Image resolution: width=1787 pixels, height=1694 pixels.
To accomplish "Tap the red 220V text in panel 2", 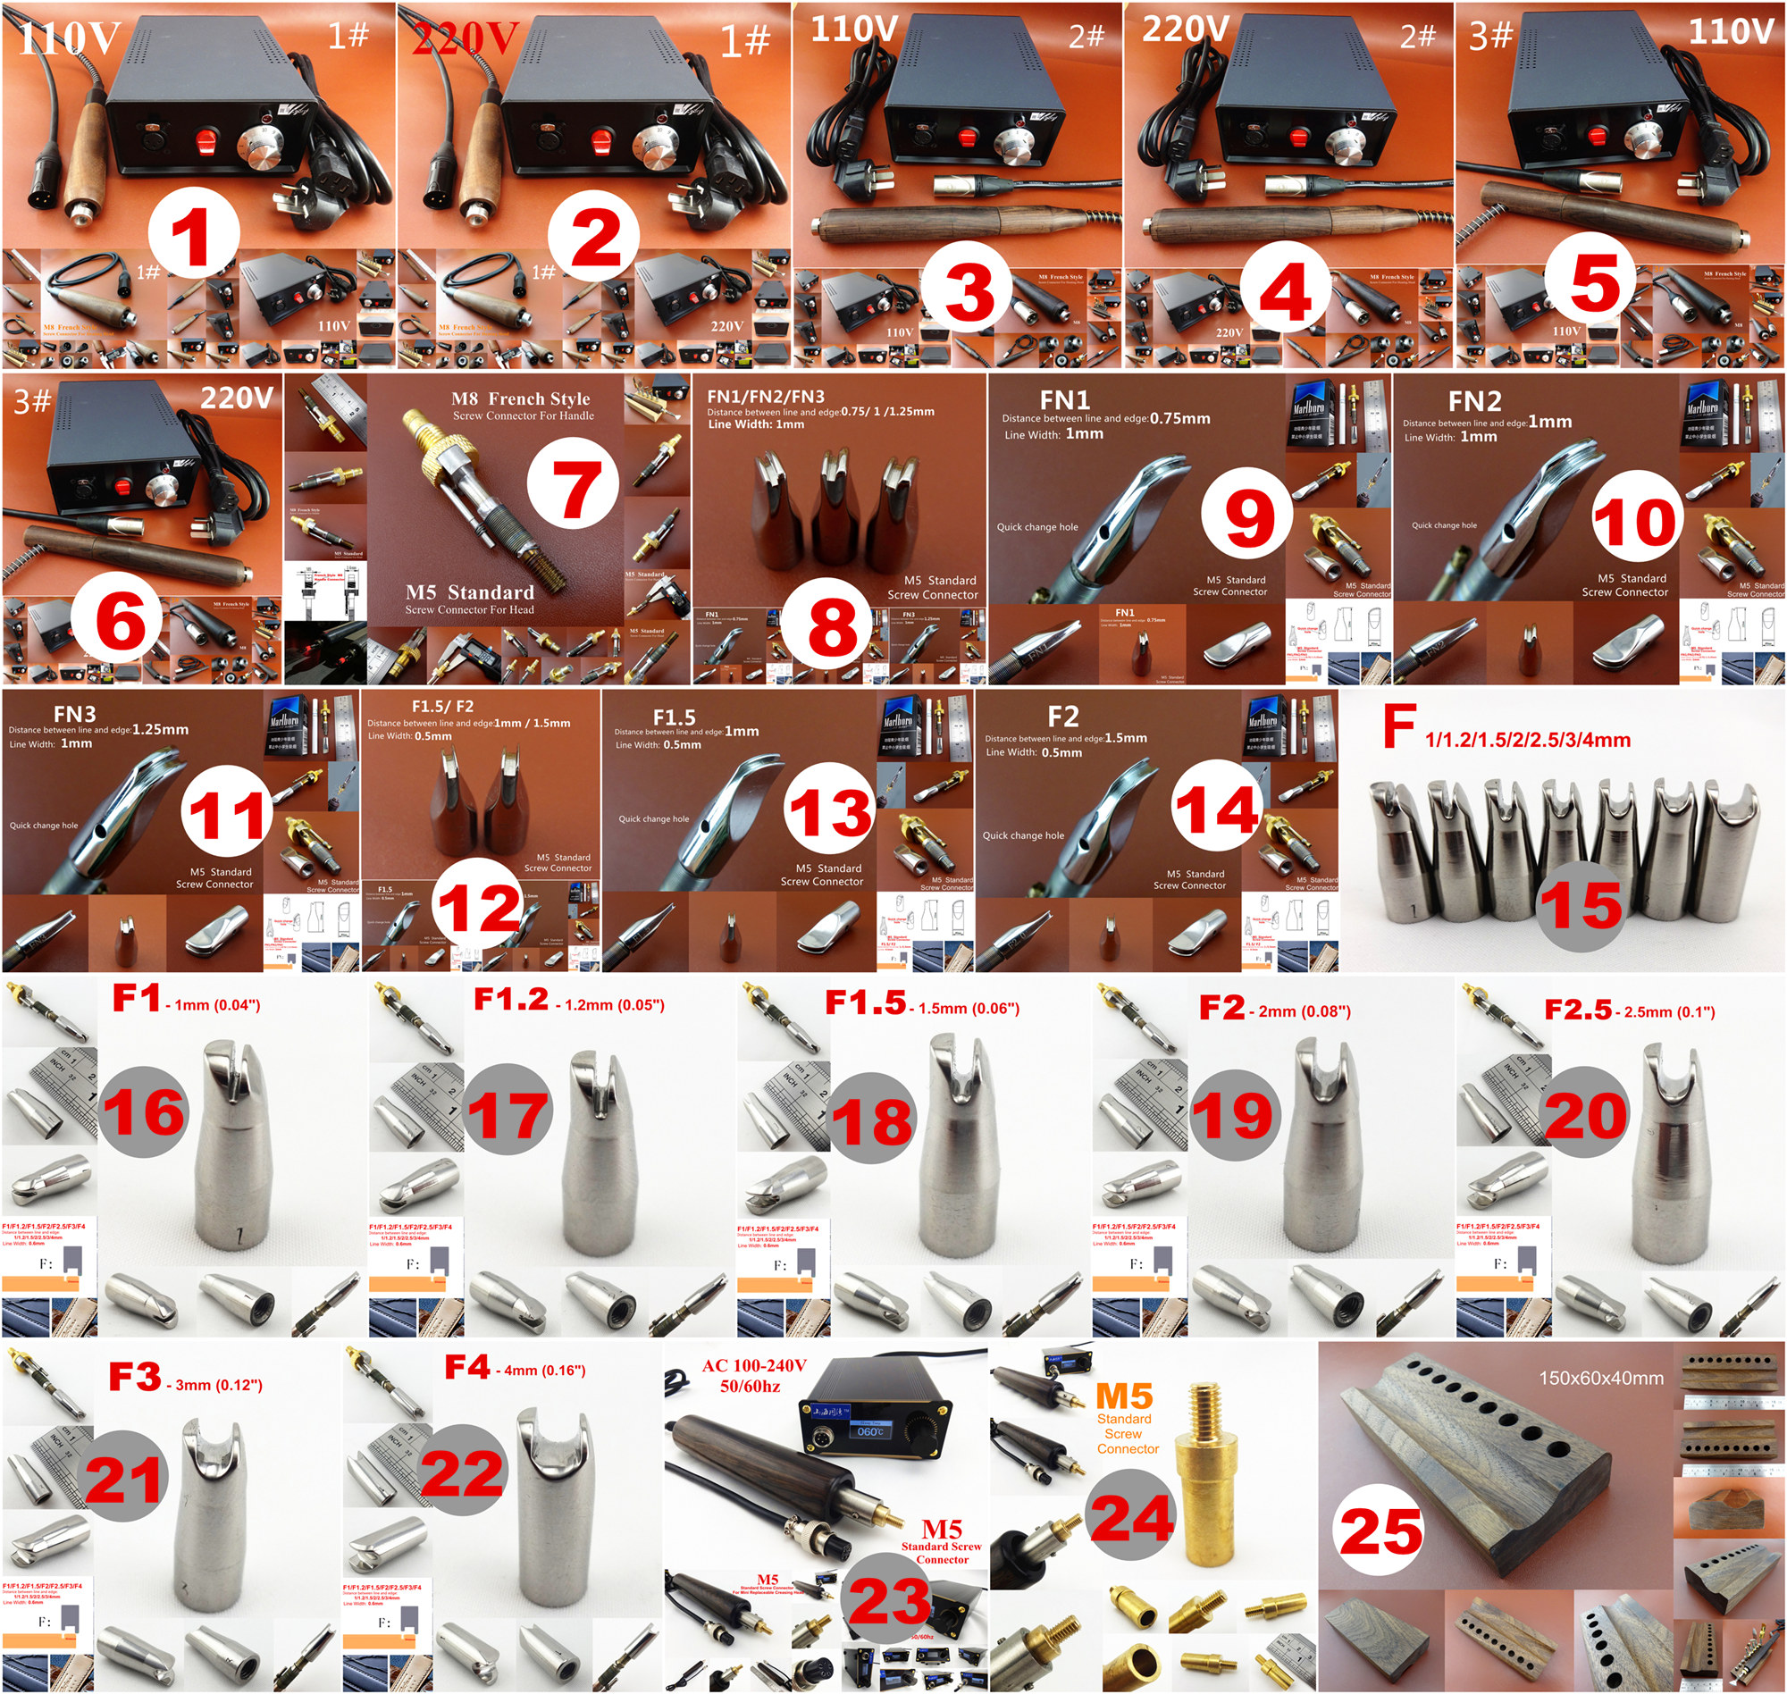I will tap(464, 38).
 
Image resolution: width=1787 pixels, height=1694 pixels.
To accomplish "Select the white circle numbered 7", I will tap(573, 488).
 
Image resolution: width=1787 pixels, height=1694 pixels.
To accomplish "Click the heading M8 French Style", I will tap(520, 398).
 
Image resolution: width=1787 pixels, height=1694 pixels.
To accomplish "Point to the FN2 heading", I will tap(1474, 400).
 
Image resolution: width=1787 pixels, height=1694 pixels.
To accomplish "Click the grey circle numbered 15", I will tap(1581, 905).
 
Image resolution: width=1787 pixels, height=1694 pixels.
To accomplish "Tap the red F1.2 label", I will tap(510, 999).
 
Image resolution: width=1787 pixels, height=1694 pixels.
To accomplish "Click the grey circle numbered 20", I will tap(1587, 1113).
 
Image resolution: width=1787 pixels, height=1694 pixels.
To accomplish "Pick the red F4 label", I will tap(466, 1367).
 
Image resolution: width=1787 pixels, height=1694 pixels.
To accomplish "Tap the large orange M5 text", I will tap(1123, 1396).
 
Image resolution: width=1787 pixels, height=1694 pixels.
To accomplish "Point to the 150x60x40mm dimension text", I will tap(1601, 1378).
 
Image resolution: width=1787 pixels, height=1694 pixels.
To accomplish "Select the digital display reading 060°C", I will tap(869, 1432).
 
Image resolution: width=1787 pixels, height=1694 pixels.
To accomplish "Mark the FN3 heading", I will tap(74, 714).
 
